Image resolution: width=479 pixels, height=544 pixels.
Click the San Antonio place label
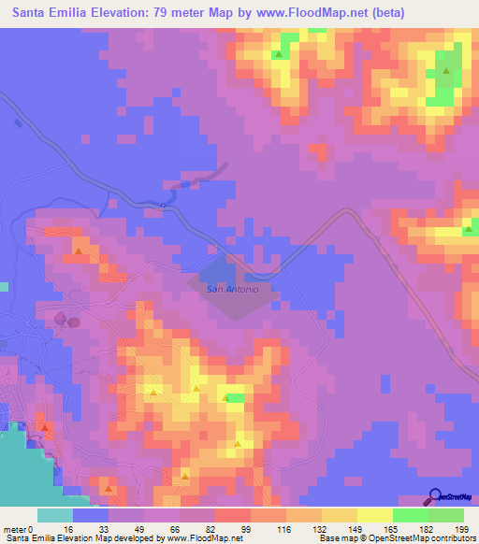point(231,289)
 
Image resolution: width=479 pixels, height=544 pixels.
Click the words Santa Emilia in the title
point(53,12)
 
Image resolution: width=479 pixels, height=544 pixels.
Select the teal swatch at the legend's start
point(55,515)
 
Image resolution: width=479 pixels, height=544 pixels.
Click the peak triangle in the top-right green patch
point(446,71)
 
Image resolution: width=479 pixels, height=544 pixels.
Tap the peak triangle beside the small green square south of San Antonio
point(225,399)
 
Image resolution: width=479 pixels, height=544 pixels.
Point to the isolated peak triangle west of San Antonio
point(80,250)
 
